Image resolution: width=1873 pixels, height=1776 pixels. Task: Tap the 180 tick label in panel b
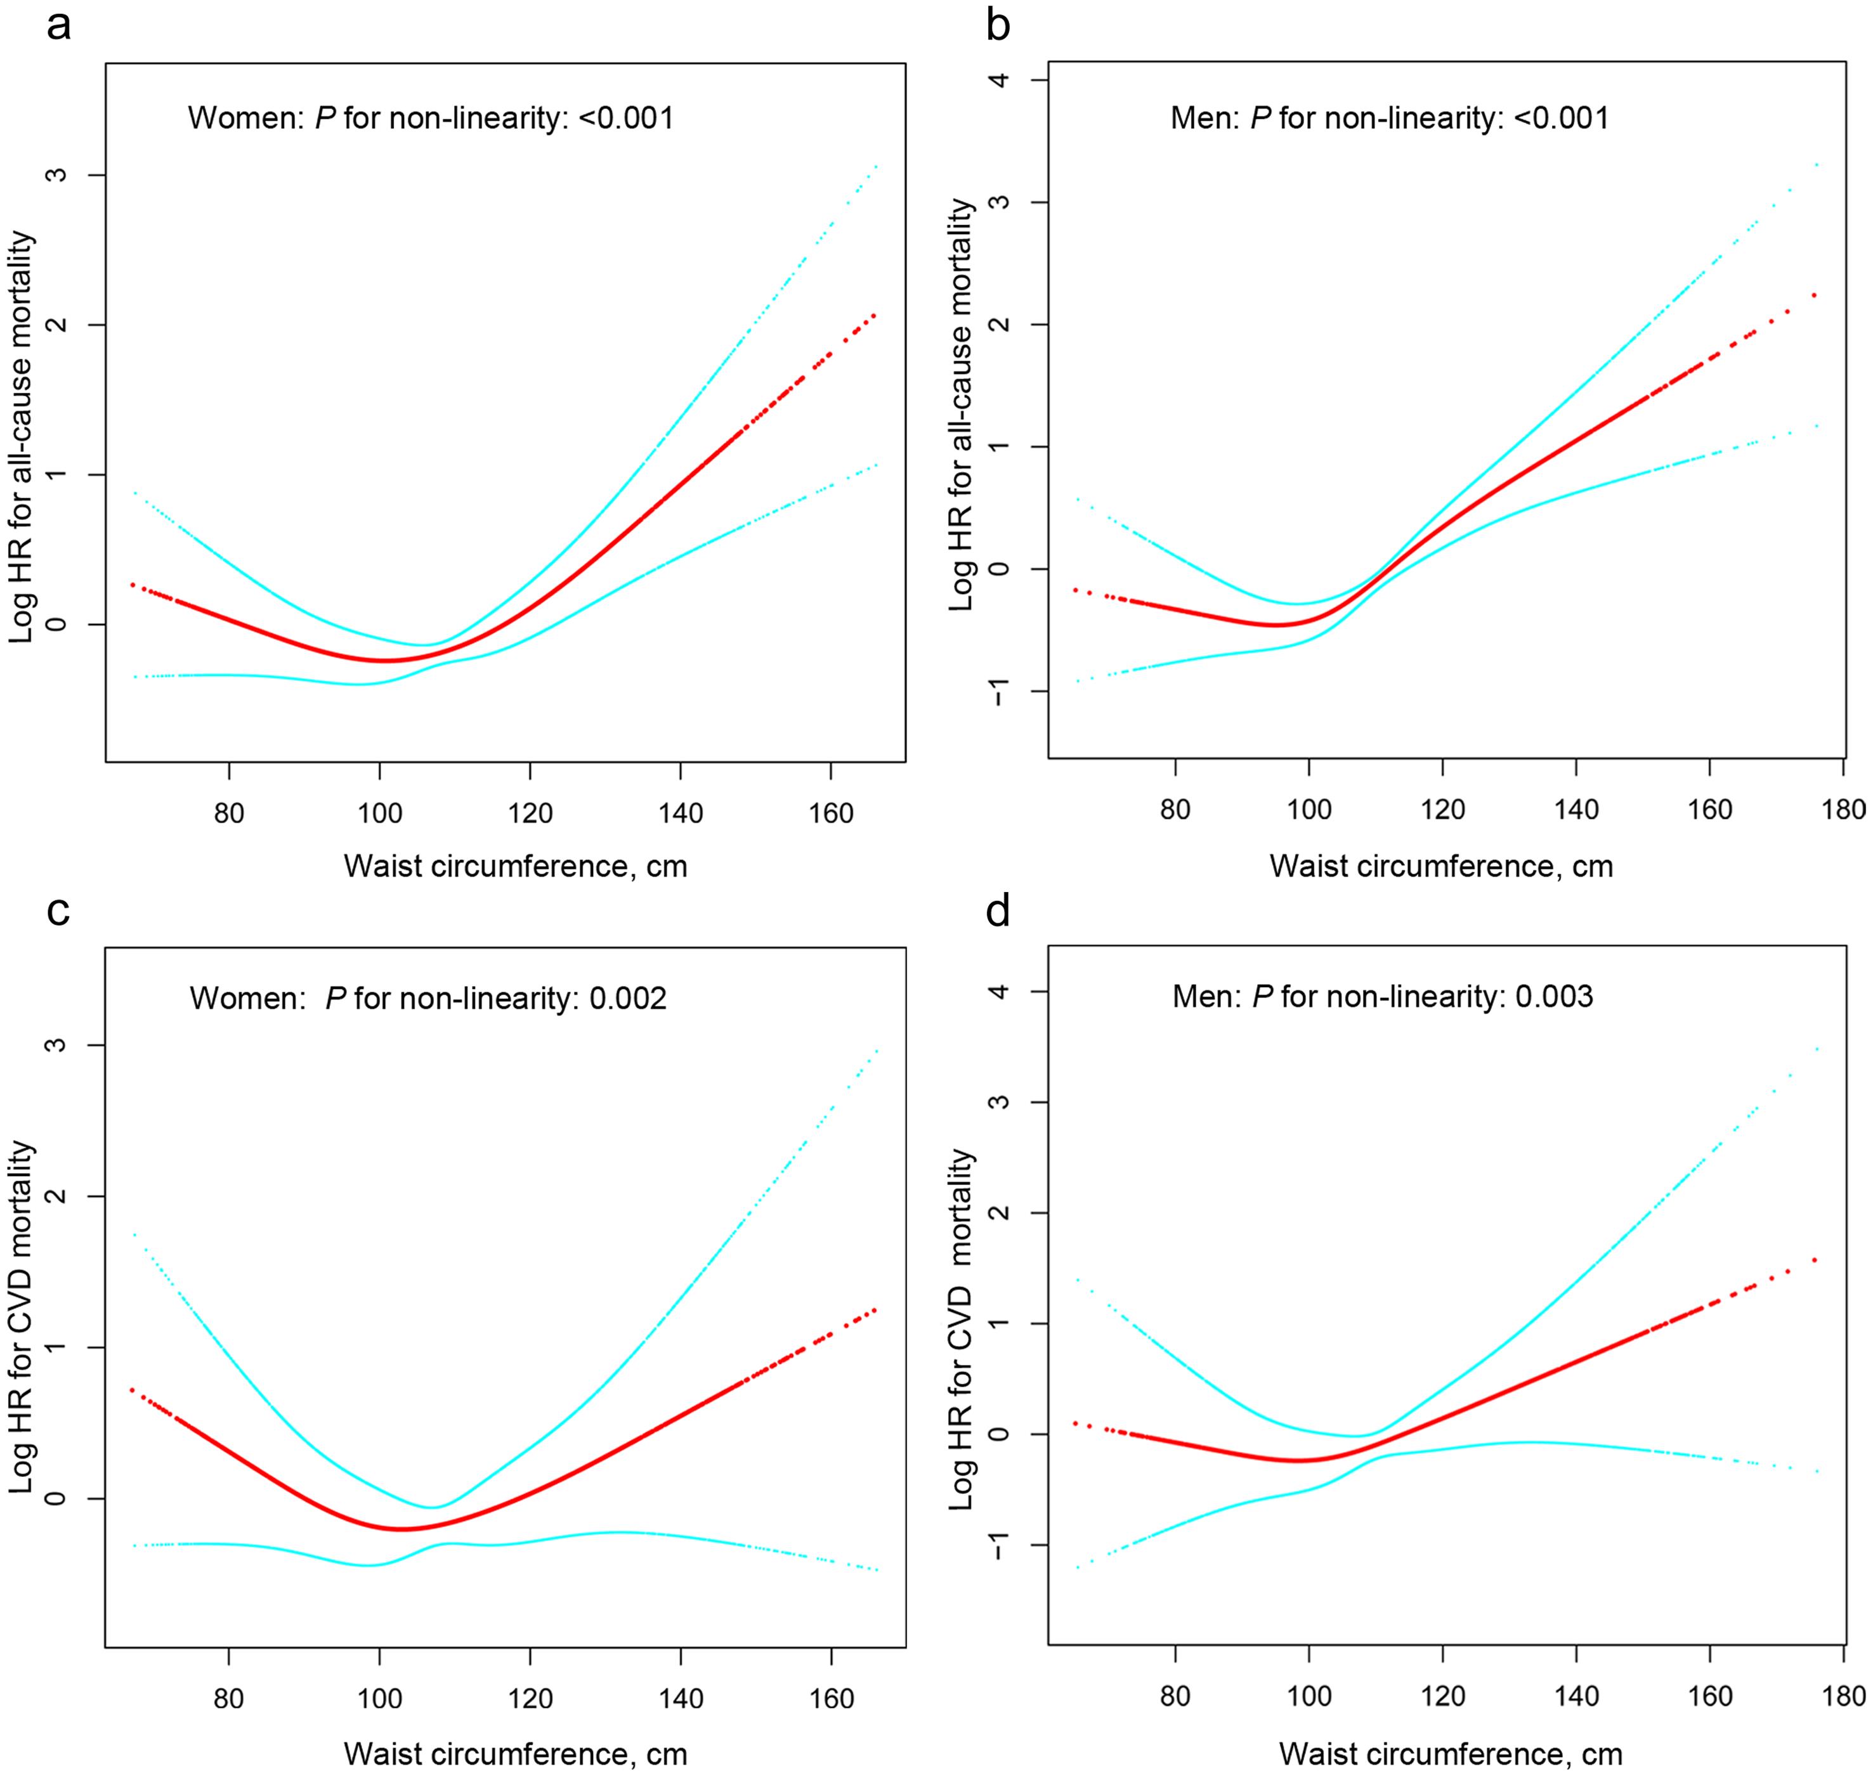pos(1843,810)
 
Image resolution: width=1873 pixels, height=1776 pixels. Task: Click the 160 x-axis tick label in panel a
pos(832,814)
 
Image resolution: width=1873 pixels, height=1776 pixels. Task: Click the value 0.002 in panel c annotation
pos(628,999)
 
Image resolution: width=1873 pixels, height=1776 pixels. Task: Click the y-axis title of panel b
pos(962,405)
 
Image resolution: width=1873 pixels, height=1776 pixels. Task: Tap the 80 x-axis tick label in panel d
pos(1175,1695)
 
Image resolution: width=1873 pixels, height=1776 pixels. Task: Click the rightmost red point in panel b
pos(1814,295)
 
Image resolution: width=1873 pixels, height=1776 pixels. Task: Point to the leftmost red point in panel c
pos(133,1390)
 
